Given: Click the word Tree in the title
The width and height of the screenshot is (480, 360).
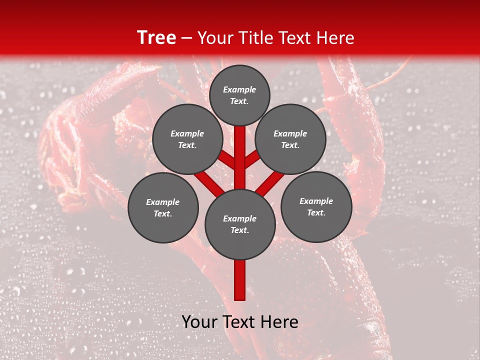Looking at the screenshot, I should coord(156,38).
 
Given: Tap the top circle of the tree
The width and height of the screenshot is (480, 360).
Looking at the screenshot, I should coord(239,95).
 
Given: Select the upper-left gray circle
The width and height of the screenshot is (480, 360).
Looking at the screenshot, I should coord(187,139).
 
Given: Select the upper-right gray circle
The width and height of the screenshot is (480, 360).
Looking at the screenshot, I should coord(290,139).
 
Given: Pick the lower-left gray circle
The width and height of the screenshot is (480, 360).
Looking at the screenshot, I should coord(163,207).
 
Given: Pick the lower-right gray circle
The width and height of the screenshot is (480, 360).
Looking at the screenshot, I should coord(316,206).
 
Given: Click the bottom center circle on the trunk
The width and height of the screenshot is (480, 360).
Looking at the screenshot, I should coord(240,224).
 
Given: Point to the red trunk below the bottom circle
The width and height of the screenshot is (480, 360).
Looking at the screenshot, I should coord(240,280).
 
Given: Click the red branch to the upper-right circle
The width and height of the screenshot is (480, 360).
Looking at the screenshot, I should coord(252,159).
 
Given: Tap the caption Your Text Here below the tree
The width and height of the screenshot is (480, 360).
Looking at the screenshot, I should coord(240,322).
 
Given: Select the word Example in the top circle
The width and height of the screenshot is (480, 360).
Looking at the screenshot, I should coord(239,89).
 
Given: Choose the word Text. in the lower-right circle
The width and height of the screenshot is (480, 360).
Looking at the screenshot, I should coord(316,212).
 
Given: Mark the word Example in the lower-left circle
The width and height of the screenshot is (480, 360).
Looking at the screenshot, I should coord(162,202).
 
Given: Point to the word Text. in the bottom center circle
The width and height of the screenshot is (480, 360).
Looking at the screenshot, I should coord(239,230).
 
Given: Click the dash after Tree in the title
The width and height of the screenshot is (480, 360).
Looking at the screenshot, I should coord(187,38).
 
